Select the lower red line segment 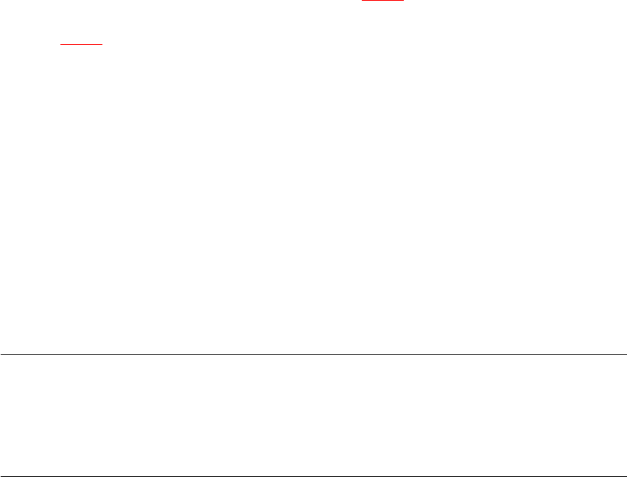tap(81, 45)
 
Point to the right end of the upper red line tap(404, 1)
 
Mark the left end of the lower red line tap(60, 45)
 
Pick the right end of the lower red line tap(102, 45)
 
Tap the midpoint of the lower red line tap(81, 45)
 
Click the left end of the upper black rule tap(1, 354)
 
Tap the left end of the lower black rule tap(1, 476)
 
